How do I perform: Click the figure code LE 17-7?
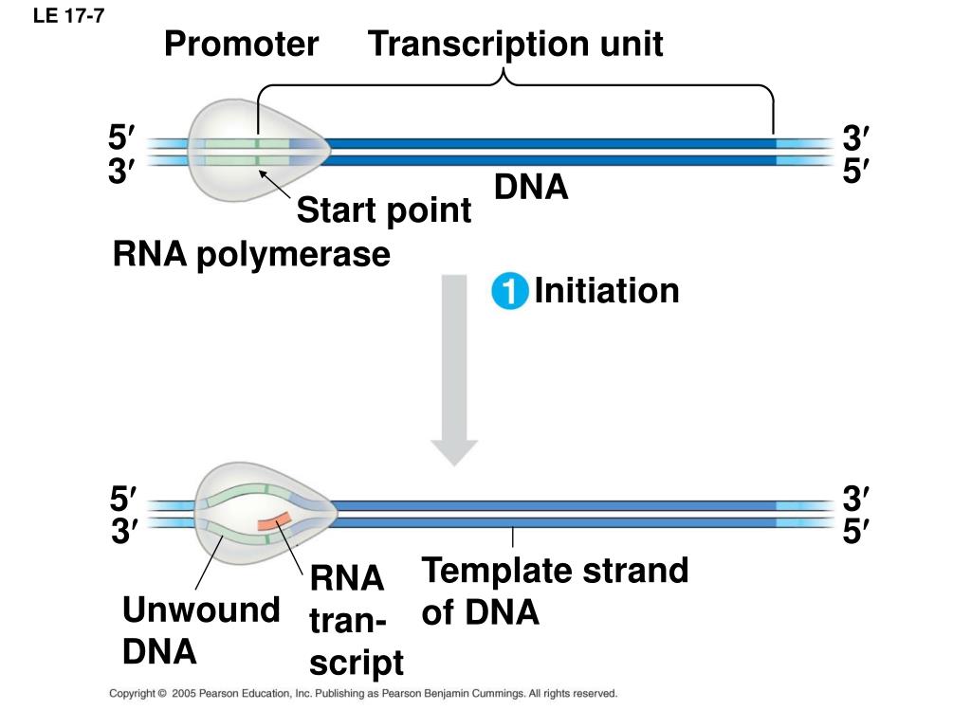68,15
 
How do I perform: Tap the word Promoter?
241,44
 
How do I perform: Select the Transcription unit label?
515,45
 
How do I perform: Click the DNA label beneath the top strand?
531,187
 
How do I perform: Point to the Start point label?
384,210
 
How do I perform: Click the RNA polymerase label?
251,255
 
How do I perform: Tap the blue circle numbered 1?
509,290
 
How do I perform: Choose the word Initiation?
606,290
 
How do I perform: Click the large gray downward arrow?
454,371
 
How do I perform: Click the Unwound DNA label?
201,630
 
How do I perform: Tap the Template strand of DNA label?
555,591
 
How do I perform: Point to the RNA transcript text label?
357,620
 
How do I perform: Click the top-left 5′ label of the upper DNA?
121,136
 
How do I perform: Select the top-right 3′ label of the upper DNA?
856,137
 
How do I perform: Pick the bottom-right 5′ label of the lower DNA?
856,531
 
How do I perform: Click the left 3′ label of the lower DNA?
124,531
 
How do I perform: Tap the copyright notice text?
363,693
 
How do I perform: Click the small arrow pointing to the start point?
274,184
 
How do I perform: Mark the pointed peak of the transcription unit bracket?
504,69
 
